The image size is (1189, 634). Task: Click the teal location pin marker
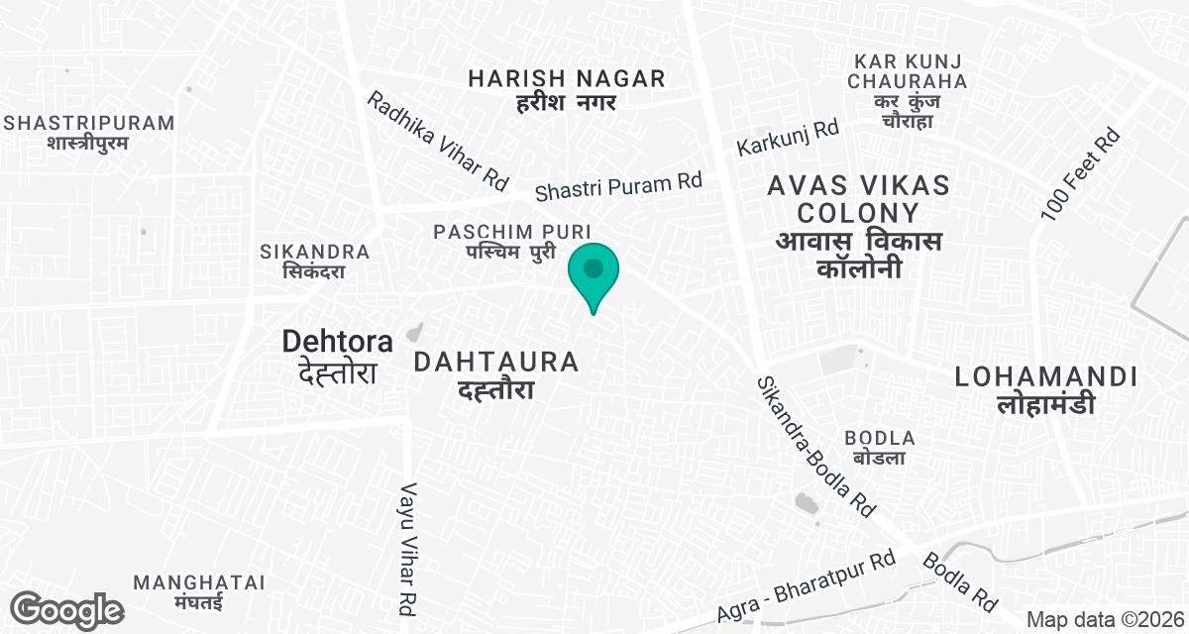(594, 273)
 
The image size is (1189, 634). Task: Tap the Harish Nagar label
(567, 89)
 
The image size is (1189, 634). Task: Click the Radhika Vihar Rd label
(437, 141)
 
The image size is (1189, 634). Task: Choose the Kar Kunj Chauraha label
(908, 90)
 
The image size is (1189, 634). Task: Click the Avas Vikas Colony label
(858, 226)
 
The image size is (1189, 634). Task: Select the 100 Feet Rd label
(1081, 174)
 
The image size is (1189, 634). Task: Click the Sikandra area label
(314, 261)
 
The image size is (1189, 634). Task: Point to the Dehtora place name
(338, 356)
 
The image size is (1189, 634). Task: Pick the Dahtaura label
(496, 374)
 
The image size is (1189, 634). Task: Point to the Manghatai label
(199, 591)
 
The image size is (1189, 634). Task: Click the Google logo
(67, 609)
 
